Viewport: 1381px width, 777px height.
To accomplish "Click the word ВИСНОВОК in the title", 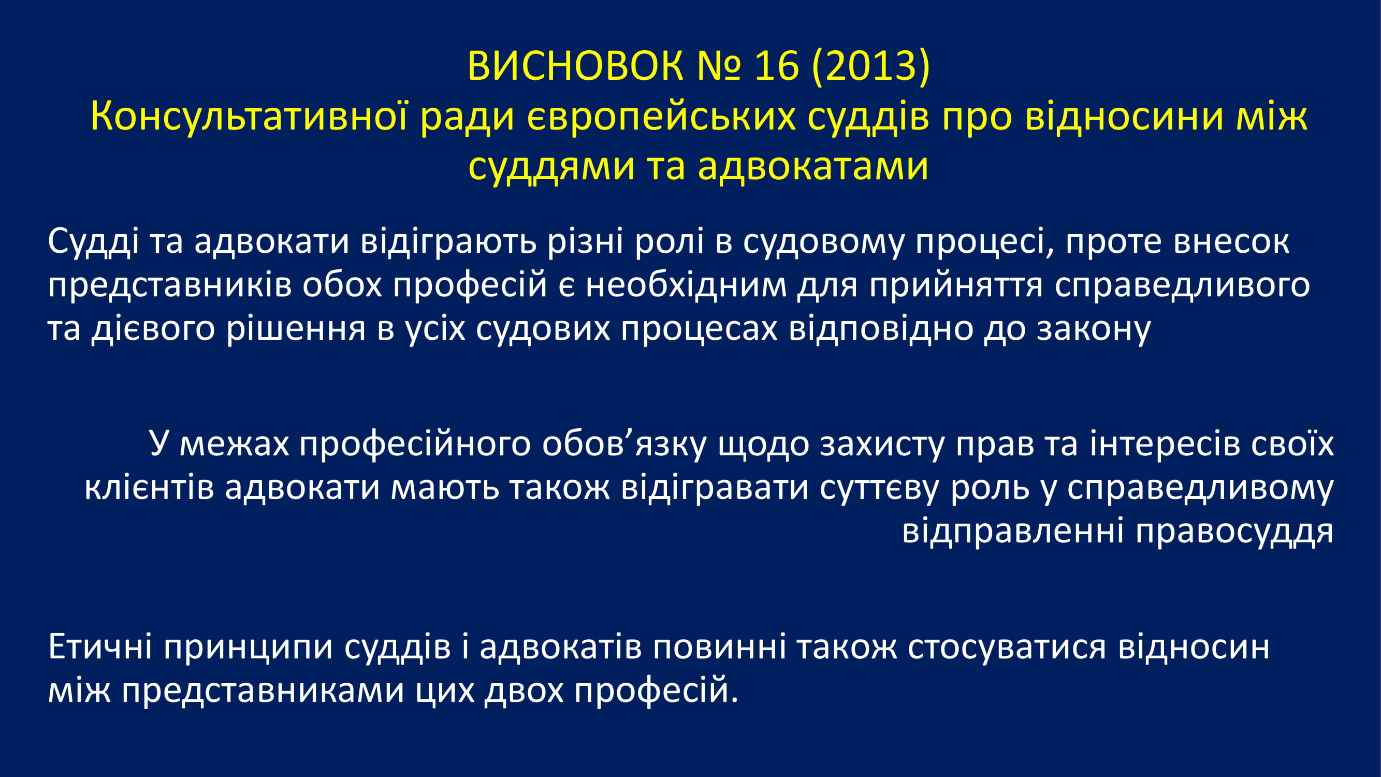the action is (575, 66).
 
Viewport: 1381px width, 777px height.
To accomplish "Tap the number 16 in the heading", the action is (776, 66).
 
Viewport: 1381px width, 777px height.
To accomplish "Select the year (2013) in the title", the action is (871, 66).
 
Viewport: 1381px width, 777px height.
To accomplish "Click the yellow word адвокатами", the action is (813, 166).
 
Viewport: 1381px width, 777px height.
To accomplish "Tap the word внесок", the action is (1231, 242).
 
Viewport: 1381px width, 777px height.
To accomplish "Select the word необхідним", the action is (686, 285).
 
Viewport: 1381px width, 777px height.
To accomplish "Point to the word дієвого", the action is (153, 329).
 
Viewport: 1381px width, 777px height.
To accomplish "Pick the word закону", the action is (1094, 329).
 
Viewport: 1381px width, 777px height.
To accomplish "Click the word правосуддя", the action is (1234, 532).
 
